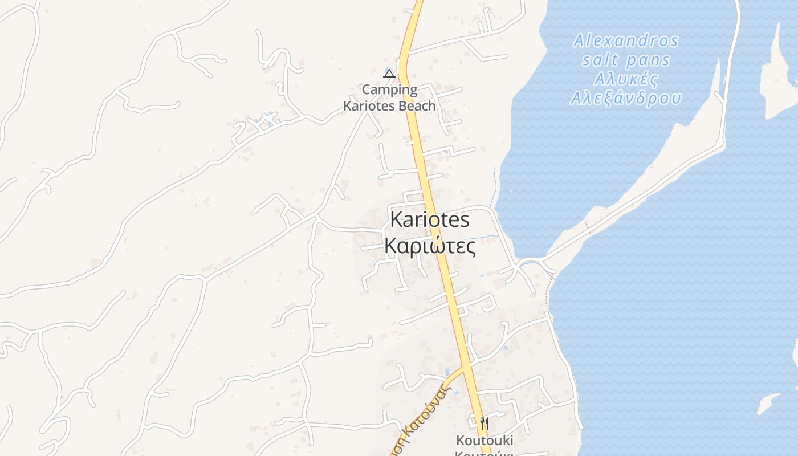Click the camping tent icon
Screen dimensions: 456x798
(x=389, y=73)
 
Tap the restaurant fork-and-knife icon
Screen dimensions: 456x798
(x=484, y=423)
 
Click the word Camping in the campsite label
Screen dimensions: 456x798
(x=390, y=90)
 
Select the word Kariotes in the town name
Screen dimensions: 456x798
(x=429, y=219)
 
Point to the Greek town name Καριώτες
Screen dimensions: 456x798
(x=429, y=246)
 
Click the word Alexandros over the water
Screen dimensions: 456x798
(x=626, y=41)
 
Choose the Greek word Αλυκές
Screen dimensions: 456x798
(x=626, y=79)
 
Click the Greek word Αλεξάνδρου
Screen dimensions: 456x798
(x=626, y=99)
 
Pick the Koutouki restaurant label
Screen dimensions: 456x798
(x=484, y=441)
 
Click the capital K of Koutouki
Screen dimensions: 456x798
(x=460, y=441)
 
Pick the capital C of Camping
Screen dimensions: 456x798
(x=367, y=90)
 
